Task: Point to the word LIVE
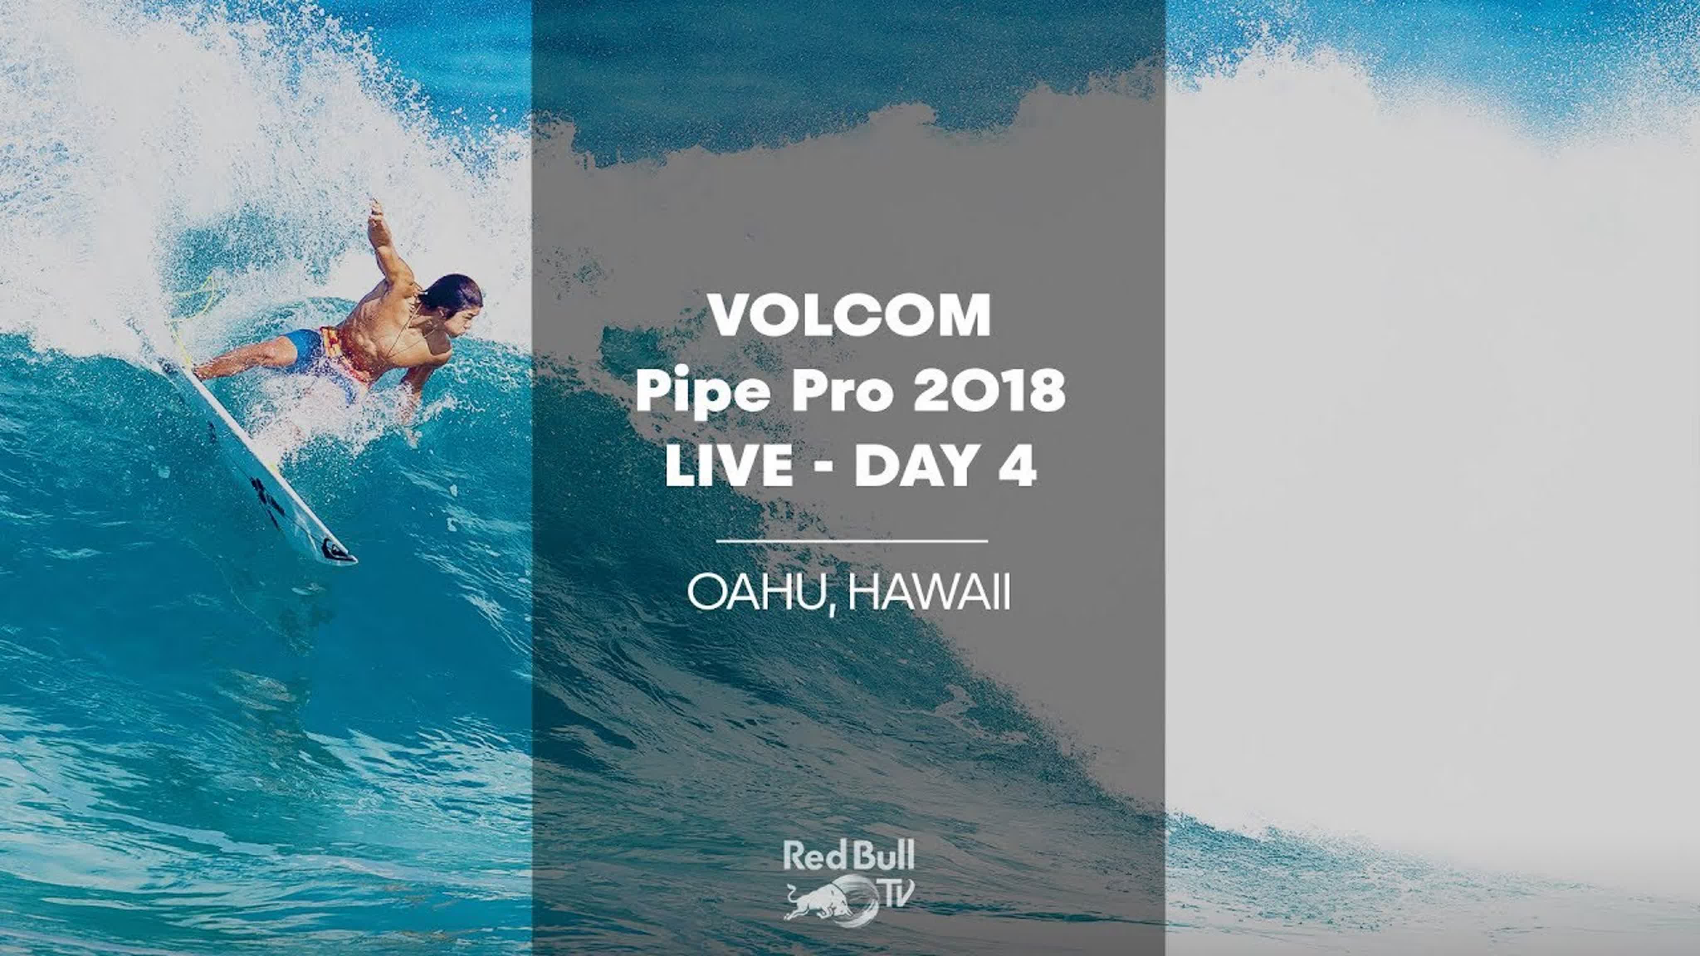pos(729,465)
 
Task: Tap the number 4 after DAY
pos(1017,465)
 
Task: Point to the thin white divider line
pos(851,541)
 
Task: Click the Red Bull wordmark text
pos(849,856)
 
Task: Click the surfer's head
pos(452,305)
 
